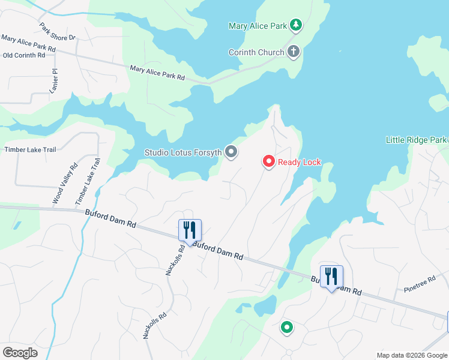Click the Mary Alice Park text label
[x=258, y=26]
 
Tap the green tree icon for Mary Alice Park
[x=295, y=25]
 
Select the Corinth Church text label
[x=256, y=52]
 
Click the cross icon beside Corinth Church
[x=294, y=52]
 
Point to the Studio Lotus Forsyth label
[x=183, y=152]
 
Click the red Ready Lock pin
[x=268, y=162]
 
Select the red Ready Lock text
[x=300, y=163]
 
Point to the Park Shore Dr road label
[x=58, y=32]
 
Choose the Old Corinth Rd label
[x=24, y=55]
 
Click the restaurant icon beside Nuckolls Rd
[x=190, y=230]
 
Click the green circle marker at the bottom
[x=287, y=328]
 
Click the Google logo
[x=20, y=353]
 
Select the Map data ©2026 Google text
[x=411, y=355]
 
